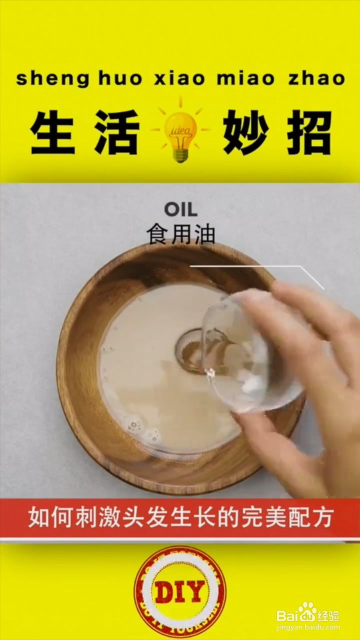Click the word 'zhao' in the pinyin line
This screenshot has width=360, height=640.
(x=316, y=79)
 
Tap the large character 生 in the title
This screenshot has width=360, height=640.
(x=52, y=132)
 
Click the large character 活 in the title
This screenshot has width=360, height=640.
(x=116, y=132)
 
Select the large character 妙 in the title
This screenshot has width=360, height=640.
(x=245, y=132)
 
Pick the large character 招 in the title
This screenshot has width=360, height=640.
(x=308, y=132)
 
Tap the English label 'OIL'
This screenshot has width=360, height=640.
(x=180, y=209)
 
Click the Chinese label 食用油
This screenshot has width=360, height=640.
(x=180, y=233)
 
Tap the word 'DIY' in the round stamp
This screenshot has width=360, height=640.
(x=180, y=592)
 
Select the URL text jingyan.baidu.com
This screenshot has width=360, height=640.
(x=308, y=626)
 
